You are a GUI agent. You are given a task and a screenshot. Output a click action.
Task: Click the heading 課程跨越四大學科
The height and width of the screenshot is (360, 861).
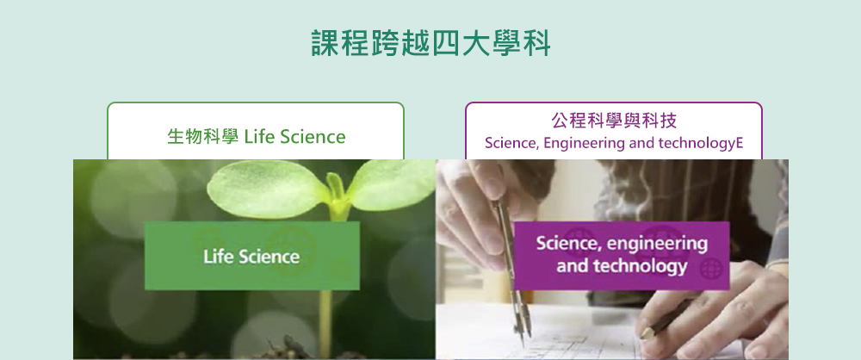(430, 43)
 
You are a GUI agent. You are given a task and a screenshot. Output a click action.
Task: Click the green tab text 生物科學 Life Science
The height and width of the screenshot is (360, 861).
(257, 136)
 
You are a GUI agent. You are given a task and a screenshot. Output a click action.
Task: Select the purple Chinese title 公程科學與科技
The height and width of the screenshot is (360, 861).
(614, 121)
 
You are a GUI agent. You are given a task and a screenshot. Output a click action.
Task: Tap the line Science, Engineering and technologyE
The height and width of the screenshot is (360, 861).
(614, 143)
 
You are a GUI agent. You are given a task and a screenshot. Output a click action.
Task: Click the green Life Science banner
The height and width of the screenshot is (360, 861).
(252, 256)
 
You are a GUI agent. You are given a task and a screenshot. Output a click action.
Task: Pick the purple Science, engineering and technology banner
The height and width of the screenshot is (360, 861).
(622, 256)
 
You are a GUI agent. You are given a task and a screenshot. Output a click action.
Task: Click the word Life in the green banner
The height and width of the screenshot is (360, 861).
(216, 257)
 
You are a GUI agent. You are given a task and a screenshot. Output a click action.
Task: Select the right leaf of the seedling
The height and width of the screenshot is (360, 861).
(391, 184)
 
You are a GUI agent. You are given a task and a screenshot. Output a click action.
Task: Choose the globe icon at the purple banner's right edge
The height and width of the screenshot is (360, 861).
(711, 270)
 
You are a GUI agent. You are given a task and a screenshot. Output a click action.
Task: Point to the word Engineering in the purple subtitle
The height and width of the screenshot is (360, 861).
(575, 144)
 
